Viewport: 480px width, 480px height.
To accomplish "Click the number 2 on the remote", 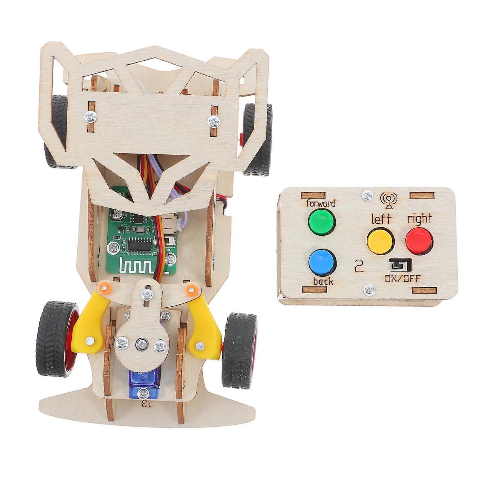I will pyautogui.click(x=359, y=266).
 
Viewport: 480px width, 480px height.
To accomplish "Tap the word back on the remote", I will pyautogui.click(x=323, y=281).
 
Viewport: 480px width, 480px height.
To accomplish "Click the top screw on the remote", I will pyautogui.click(x=366, y=194).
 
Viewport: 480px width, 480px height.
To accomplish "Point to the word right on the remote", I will pyautogui.click(x=419, y=219).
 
